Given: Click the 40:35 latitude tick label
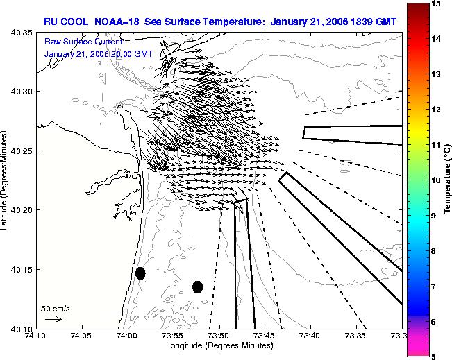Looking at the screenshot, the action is (x=22, y=33).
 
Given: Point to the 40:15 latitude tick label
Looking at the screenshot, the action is (x=22, y=270).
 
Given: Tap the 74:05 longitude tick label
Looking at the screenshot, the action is (x=83, y=336).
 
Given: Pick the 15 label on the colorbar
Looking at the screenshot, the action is (x=436, y=3).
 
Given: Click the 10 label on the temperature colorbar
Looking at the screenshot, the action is (x=436, y=180).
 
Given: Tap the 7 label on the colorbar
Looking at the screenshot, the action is (x=434, y=286).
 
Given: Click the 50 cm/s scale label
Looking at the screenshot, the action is (x=55, y=309).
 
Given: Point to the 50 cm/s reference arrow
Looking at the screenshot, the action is (x=54, y=319).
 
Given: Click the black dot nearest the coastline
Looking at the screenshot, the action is (x=140, y=273).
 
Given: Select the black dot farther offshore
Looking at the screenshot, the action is (x=197, y=287).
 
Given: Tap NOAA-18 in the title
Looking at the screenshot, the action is (x=117, y=22).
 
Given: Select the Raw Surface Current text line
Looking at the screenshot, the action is (x=84, y=42).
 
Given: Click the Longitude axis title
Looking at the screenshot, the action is (x=219, y=345).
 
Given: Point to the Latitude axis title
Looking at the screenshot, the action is (x=3, y=180).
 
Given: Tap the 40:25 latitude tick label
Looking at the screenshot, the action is (x=22, y=151).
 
